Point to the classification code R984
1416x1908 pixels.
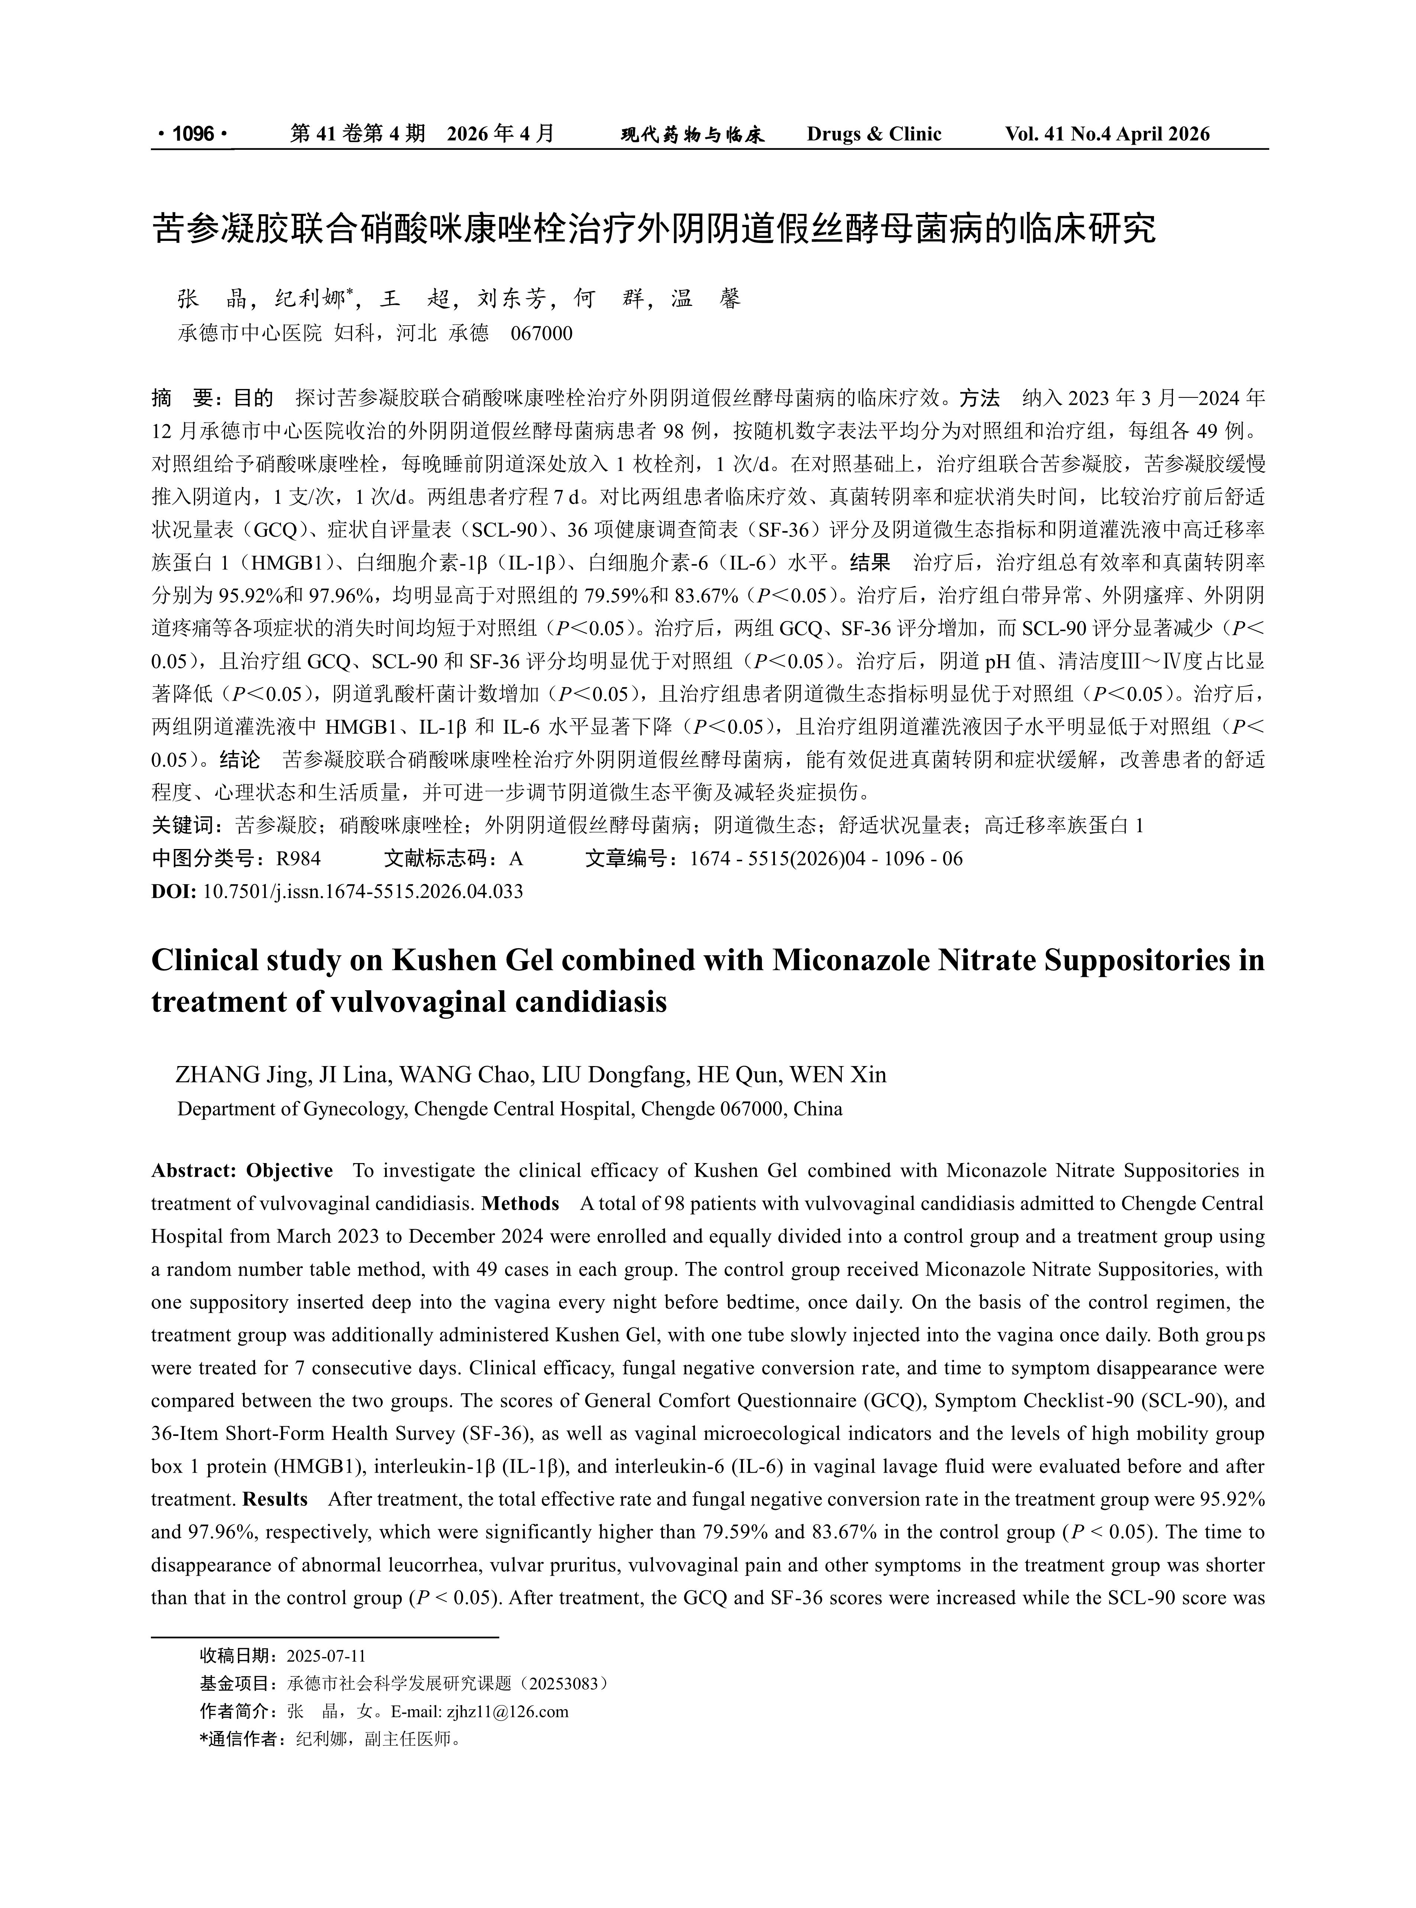tap(298, 859)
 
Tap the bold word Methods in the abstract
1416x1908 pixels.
tap(520, 1204)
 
